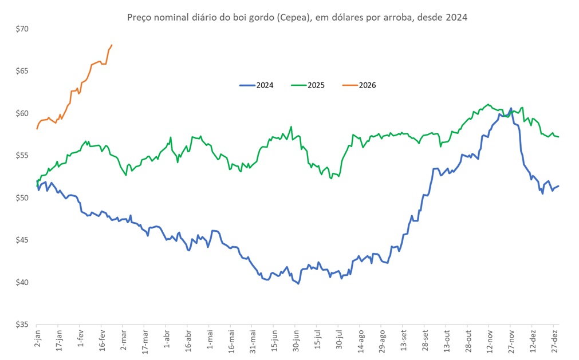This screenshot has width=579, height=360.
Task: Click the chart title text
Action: point(297,17)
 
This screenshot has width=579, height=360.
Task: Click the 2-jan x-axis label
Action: point(38,340)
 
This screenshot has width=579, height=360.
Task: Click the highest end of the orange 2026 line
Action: point(112,45)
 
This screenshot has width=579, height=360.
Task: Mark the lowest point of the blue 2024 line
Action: point(298,283)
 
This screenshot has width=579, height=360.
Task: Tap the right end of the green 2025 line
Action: point(558,137)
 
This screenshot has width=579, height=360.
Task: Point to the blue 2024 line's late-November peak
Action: point(510,108)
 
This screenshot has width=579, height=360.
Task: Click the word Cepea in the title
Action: point(292,17)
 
